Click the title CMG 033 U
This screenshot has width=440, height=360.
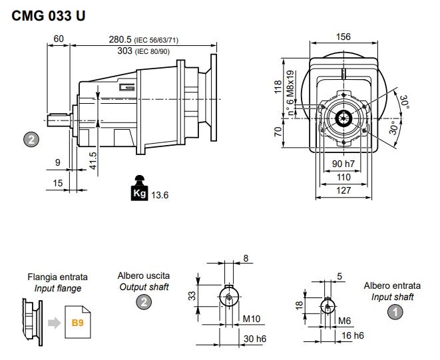49,16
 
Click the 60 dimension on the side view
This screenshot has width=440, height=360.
59,39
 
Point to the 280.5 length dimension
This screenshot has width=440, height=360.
120,39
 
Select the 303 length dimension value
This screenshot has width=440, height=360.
124,51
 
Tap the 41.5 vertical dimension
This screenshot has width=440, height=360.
93,161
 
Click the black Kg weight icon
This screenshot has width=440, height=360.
139,188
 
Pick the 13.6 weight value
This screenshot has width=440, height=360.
160,195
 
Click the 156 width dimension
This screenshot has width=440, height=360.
343,37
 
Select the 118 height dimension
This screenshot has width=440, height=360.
278,87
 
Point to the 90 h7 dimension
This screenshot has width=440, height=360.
343,164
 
